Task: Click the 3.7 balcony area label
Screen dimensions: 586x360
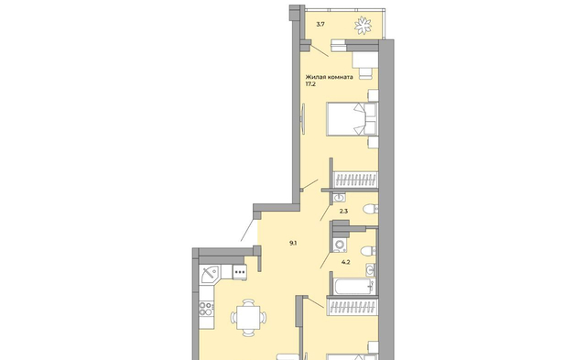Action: pos(320,25)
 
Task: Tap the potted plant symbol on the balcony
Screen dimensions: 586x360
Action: pos(363,26)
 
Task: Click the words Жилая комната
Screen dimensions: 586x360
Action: pos(329,77)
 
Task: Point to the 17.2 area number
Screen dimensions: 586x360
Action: pos(310,84)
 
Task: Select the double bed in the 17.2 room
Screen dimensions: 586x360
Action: pos(352,119)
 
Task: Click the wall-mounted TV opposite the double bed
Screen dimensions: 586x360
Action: pos(303,119)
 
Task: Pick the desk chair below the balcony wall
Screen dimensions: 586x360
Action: pos(366,73)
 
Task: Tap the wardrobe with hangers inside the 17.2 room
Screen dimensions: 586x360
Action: pos(355,180)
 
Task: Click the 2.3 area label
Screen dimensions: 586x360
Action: pos(343,212)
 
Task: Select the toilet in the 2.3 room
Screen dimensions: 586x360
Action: pos(370,209)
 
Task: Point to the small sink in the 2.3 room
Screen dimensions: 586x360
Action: pos(340,197)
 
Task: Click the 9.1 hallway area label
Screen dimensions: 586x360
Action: pos(293,243)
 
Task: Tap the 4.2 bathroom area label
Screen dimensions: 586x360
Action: pos(346,262)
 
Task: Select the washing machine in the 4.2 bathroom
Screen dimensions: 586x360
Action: pos(340,245)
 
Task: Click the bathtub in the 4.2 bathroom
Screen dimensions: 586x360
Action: pos(354,287)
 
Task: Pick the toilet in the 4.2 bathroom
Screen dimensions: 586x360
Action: pos(369,250)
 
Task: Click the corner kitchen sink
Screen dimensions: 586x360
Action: pos(210,275)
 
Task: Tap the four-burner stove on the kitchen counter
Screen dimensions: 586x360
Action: pos(206,309)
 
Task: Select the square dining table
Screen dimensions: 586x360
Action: pos(248,318)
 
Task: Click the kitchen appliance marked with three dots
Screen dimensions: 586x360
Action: pos(240,272)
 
